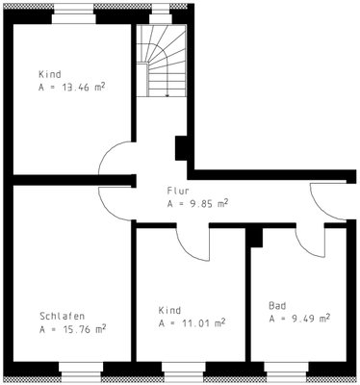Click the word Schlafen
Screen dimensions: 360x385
point(63,316)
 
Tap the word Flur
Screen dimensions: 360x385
point(178,191)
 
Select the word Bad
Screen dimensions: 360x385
point(277,305)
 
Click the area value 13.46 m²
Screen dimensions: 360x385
point(83,88)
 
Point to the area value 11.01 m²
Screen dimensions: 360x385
point(203,322)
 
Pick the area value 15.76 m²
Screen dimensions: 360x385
point(84,329)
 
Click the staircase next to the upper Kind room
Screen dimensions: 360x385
point(161,61)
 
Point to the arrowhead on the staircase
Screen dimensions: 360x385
point(167,95)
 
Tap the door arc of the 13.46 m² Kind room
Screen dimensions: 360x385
point(108,152)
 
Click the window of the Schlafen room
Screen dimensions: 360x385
point(81,372)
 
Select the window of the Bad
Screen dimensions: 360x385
point(287,372)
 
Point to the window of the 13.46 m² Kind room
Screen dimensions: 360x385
point(74,13)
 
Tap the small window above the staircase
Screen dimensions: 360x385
point(161,13)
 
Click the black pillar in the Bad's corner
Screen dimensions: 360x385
point(256,238)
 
